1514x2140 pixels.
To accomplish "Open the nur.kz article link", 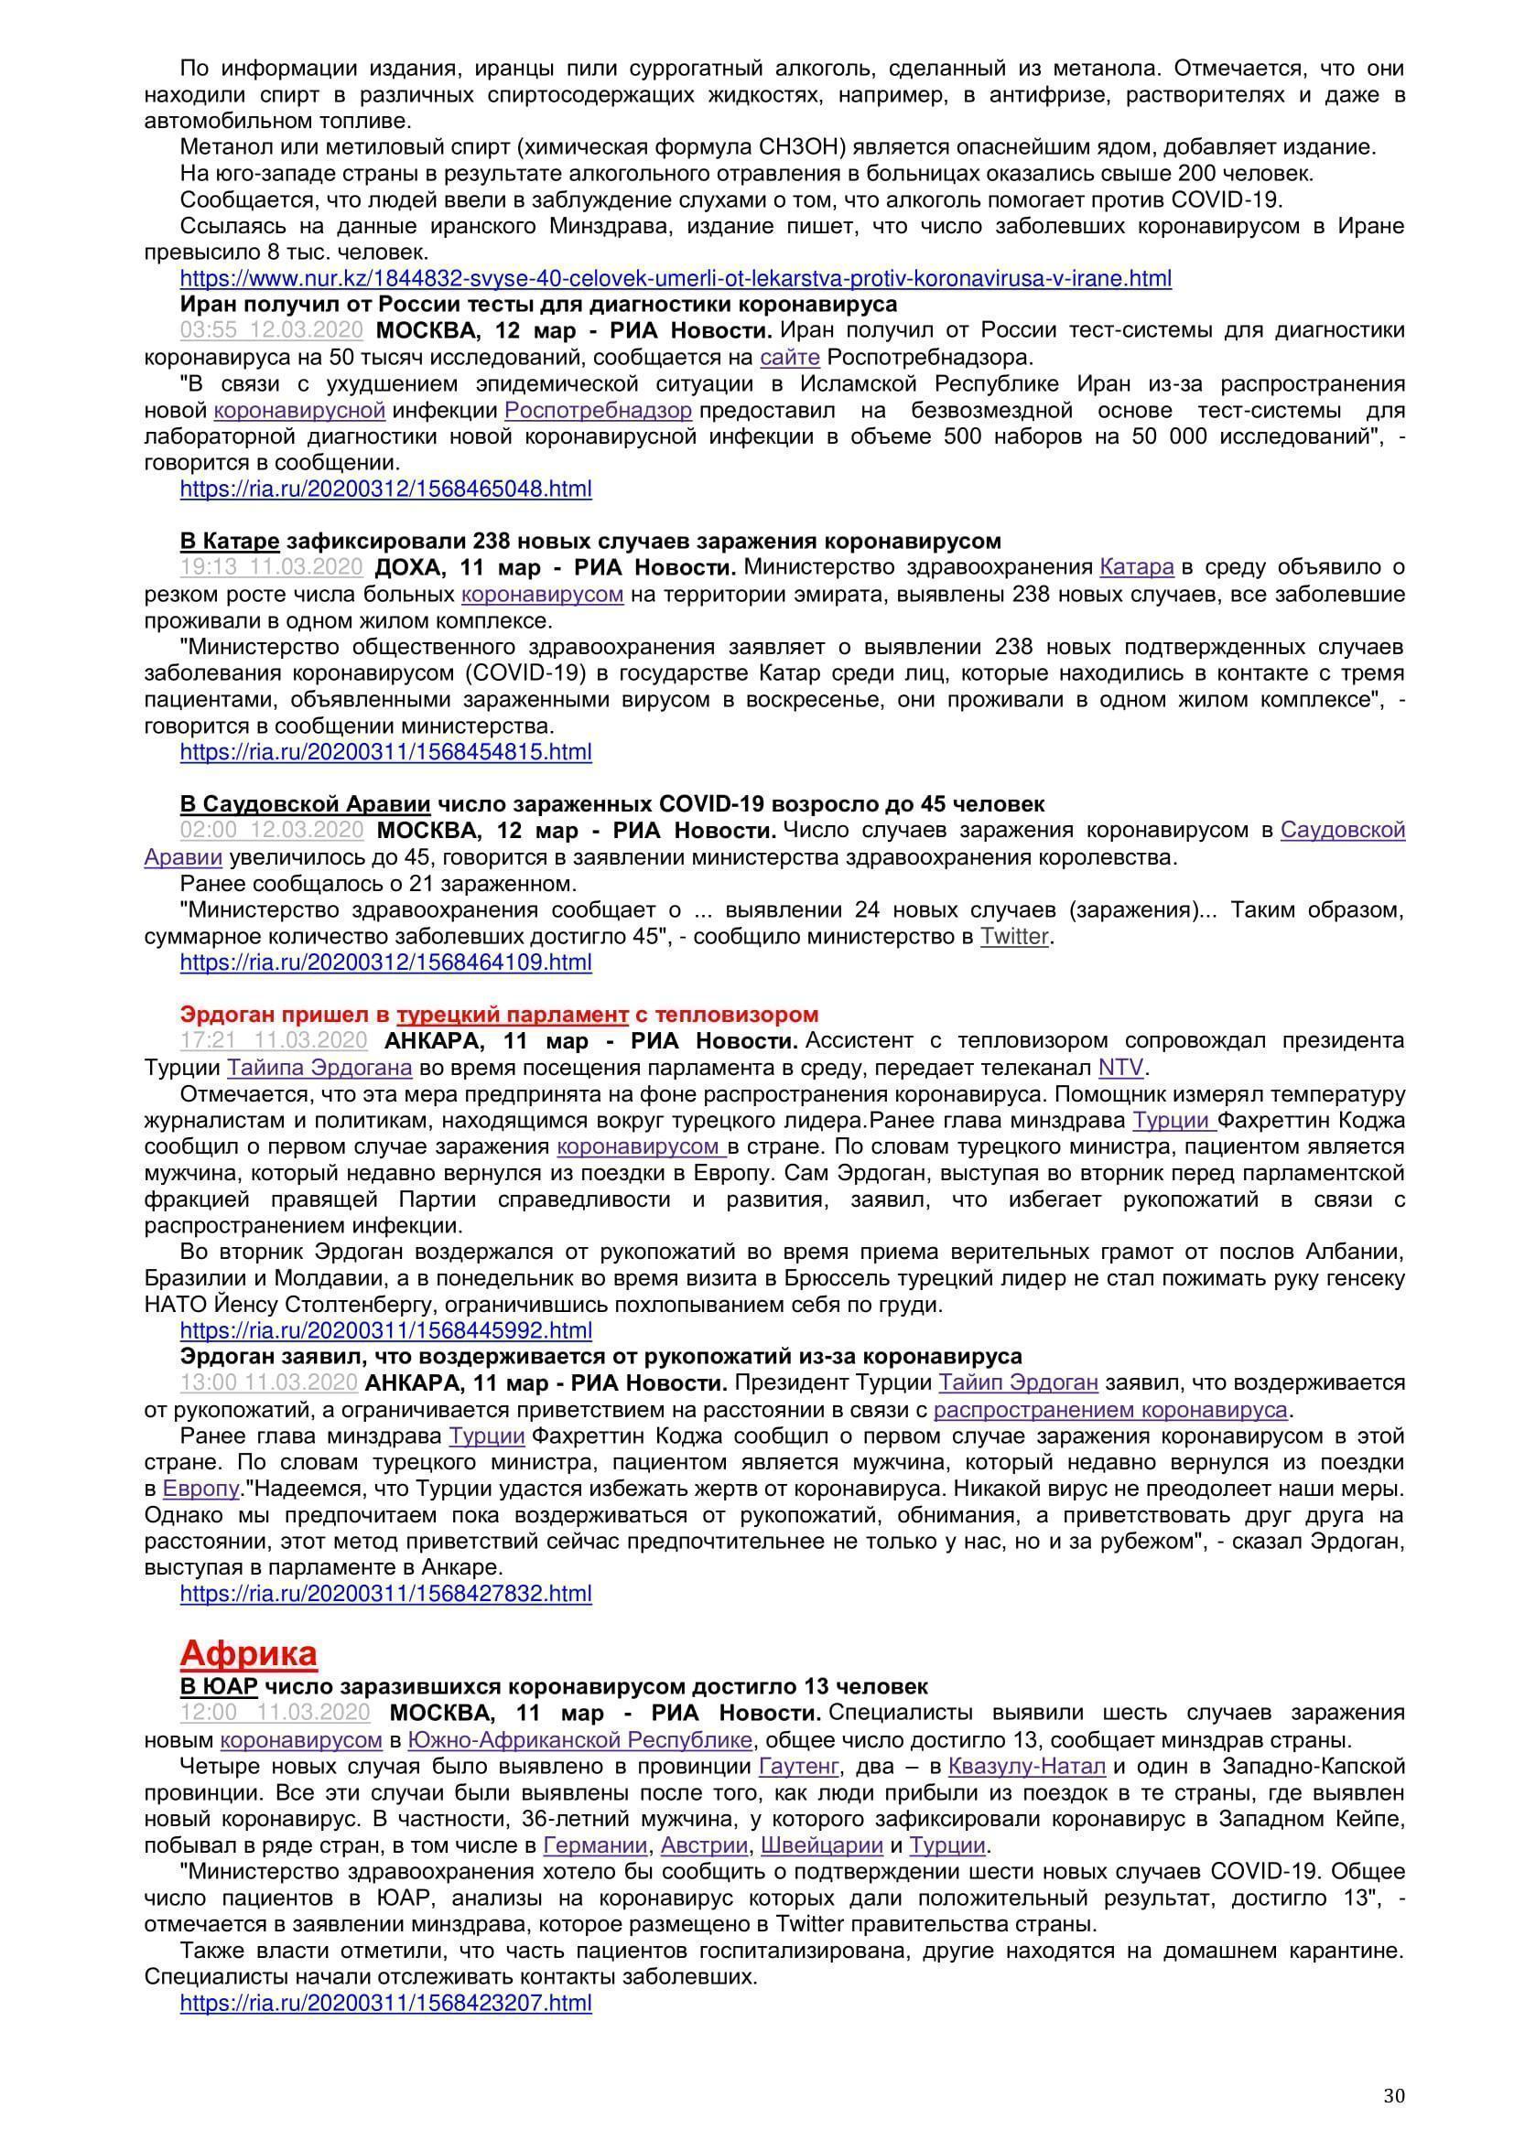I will tap(675, 278).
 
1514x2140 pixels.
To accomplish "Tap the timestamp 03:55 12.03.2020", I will tap(271, 331).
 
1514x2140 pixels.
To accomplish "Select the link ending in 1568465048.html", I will tap(385, 489).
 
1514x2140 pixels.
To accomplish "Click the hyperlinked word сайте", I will tap(789, 357).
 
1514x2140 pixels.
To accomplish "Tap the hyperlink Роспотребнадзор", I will tap(598, 410).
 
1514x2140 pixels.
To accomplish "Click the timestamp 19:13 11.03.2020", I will tap(271, 567).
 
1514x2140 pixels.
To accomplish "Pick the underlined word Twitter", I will tap(1014, 936).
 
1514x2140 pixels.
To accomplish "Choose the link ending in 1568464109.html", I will tap(385, 962).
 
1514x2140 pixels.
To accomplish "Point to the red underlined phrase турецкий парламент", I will tap(512, 1014).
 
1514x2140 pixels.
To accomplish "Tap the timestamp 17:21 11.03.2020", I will tap(273, 1041).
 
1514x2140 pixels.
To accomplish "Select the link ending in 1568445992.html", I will tap(385, 1330).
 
